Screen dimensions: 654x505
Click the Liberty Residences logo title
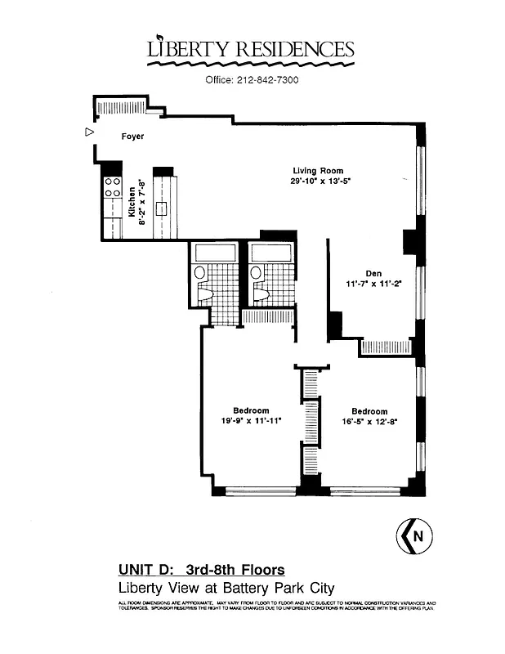tap(251, 50)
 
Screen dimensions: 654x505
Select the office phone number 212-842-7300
tap(251, 80)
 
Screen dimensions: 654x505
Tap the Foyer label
tap(132, 137)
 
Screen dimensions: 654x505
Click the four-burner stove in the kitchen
tap(112, 190)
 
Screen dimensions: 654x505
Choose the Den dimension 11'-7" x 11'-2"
tap(374, 285)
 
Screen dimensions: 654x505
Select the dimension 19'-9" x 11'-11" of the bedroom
tap(251, 421)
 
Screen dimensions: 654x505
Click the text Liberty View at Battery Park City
tap(226, 588)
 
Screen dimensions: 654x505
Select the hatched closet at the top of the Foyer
tap(120, 107)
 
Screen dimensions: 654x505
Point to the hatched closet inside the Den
tap(386, 346)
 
